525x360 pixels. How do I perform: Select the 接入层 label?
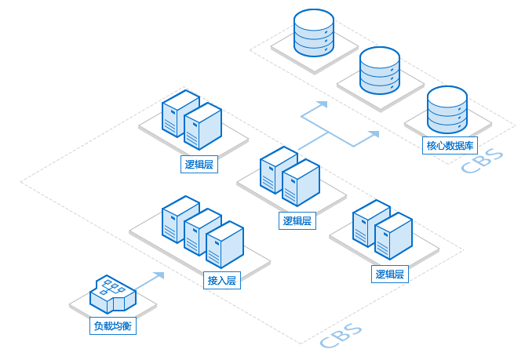click(221, 280)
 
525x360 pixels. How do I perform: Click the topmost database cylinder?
click(313, 32)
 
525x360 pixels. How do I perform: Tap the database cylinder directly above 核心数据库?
click(447, 111)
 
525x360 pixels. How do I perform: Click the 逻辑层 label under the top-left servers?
click(199, 164)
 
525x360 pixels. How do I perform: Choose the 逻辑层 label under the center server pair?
click(297, 220)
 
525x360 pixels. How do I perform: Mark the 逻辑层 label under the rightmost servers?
click(390, 274)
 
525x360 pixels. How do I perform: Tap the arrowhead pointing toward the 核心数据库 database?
click(374, 134)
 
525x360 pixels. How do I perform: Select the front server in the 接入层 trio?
click(224, 244)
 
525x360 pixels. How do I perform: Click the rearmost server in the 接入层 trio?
click(180, 219)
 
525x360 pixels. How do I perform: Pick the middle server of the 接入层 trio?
click(202, 231)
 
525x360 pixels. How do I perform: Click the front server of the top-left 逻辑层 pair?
click(202, 126)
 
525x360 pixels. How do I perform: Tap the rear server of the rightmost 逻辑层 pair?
click(370, 223)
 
